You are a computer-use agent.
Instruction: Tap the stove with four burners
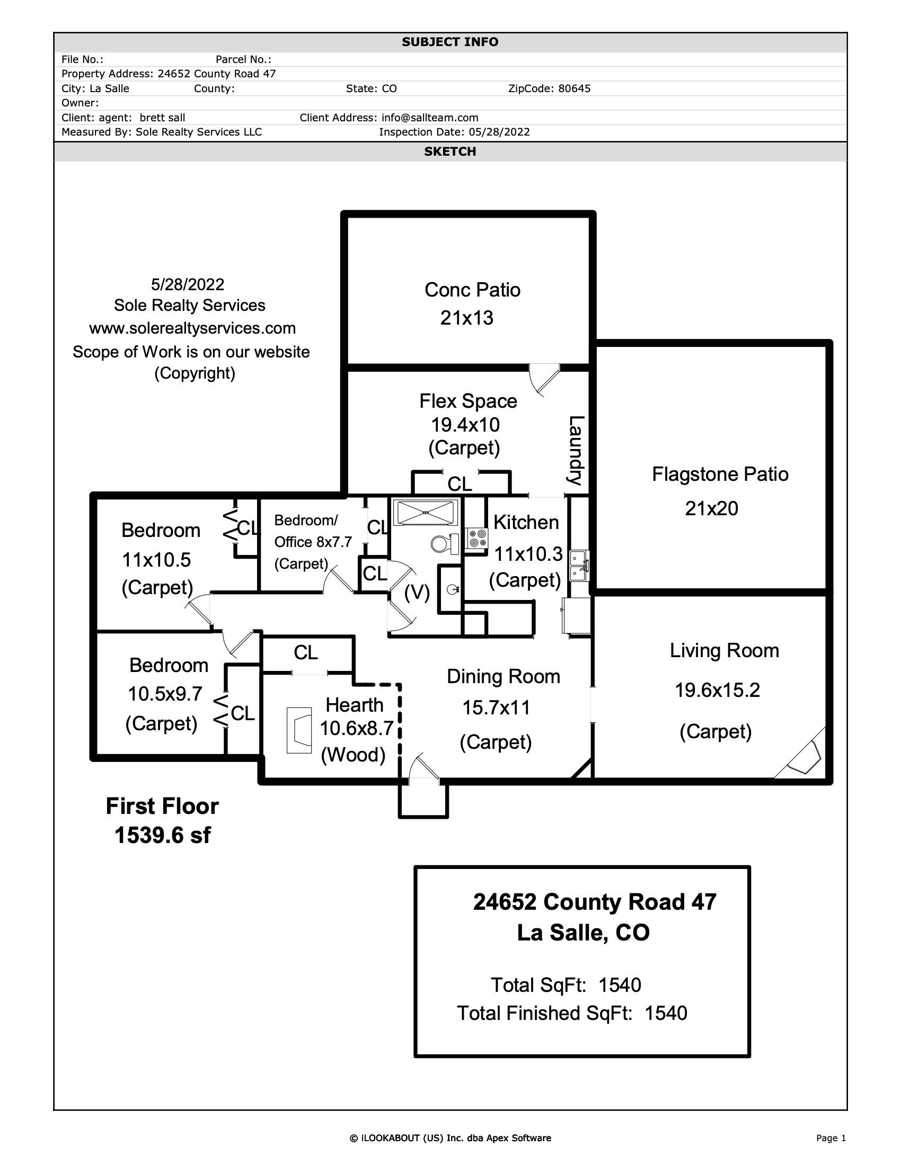click(x=476, y=537)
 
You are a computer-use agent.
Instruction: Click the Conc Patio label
click(x=472, y=290)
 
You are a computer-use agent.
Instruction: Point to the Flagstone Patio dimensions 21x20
click(x=711, y=508)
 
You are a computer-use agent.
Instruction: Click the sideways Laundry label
click(x=576, y=450)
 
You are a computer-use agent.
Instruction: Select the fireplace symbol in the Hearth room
click(x=299, y=730)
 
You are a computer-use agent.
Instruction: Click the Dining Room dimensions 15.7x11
click(x=497, y=708)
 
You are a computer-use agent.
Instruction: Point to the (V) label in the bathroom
click(x=417, y=592)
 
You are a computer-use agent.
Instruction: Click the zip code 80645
click(x=575, y=88)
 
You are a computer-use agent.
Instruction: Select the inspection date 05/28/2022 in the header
click(x=499, y=132)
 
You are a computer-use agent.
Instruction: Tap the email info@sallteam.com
click(x=430, y=118)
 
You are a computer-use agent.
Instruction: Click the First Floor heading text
click(x=162, y=806)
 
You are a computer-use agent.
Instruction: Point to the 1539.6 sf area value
click(x=162, y=835)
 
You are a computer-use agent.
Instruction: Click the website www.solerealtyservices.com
click(x=192, y=328)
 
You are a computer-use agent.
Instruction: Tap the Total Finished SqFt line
click(x=572, y=1014)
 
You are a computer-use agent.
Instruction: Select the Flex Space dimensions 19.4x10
click(x=465, y=425)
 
